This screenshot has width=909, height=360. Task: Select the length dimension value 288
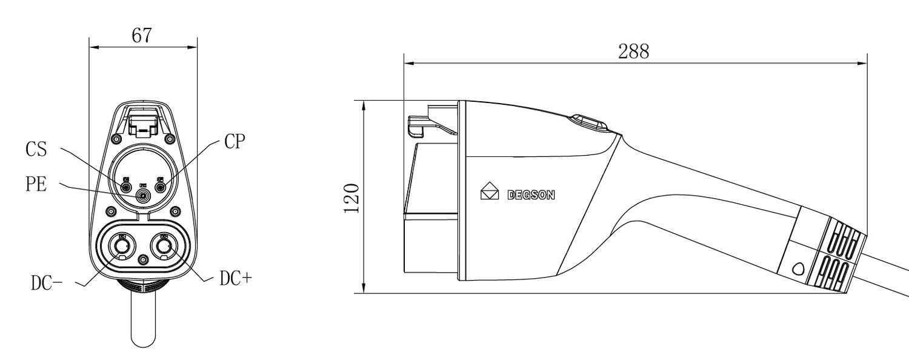point(633,51)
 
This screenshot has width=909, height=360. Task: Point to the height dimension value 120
point(353,197)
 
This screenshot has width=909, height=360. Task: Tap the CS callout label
point(37,150)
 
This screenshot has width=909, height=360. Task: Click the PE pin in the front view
point(144,196)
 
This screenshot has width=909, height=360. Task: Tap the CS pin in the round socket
point(127,187)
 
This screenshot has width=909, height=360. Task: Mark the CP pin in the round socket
point(161,187)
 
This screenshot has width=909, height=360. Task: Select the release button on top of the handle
point(587,122)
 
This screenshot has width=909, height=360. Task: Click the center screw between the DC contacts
point(143,259)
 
